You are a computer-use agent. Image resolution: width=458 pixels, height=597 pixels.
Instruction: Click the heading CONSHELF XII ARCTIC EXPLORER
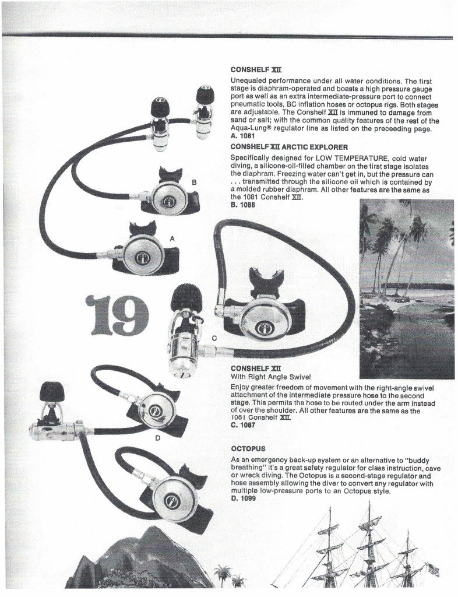(x=289, y=147)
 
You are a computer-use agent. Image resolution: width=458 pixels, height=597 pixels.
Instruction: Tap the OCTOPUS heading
(x=248, y=448)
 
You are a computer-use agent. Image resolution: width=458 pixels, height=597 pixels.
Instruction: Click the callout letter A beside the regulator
(x=172, y=239)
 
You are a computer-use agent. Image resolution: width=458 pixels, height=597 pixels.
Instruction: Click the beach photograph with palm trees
(x=406, y=289)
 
